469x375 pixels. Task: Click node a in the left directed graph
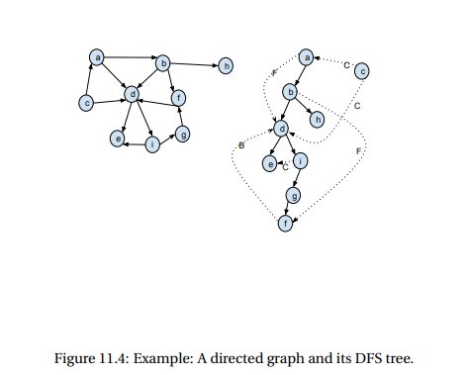tap(97, 57)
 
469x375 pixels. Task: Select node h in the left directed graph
tap(227, 65)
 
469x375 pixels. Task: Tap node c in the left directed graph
tap(86, 102)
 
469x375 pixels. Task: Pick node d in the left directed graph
tap(130, 95)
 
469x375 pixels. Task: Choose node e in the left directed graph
tap(118, 141)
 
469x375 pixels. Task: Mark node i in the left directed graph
tap(151, 144)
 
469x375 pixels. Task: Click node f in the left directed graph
tap(177, 97)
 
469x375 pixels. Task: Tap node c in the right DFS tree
tap(362, 70)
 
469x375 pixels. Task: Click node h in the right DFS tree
tap(317, 119)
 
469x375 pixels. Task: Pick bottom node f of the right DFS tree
tap(285, 225)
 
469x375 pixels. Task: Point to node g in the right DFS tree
tap(291, 196)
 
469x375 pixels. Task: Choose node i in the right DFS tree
tap(300, 160)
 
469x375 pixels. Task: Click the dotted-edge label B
tap(241, 146)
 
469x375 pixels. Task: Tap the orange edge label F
tap(357, 150)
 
